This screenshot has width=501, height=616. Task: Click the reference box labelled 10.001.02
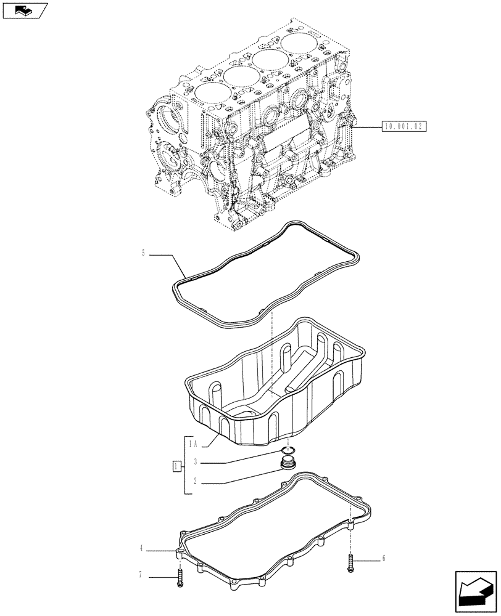tap(404, 126)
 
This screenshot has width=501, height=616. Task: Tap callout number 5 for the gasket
tap(143, 253)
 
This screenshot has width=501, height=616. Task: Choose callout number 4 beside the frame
tap(141, 547)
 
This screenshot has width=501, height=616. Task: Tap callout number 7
tap(141, 575)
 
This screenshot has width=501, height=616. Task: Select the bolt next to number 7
tap(180, 577)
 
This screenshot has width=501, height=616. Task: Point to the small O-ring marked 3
tap(288, 450)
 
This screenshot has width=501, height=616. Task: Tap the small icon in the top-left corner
tap(25, 10)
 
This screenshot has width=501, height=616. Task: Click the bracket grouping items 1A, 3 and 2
tap(184, 466)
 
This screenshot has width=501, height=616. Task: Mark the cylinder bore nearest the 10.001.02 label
tap(302, 44)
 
